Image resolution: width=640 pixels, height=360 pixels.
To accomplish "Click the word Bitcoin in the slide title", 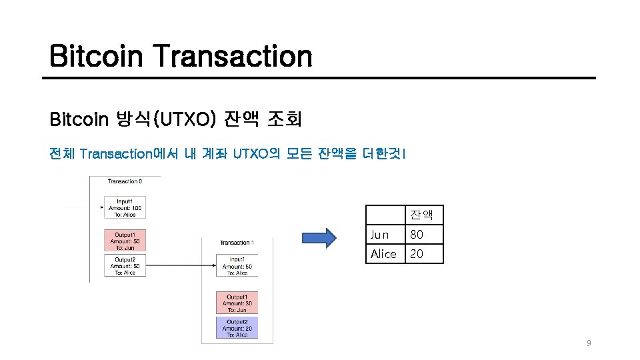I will point(97,56).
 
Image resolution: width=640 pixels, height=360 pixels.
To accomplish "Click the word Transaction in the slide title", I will point(233,56).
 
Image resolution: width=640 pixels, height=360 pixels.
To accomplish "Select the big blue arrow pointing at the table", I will point(320,238).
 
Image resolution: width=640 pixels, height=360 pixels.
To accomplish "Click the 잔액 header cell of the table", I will point(421,214).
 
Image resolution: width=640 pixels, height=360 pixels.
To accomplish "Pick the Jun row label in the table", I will point(379,235).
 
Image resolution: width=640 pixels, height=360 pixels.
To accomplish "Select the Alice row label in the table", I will point(383,254).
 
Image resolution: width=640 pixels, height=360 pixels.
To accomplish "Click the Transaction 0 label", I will point(125,181).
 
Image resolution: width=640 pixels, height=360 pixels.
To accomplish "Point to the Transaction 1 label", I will point(237,243).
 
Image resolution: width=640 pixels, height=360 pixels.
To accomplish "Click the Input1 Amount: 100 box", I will point(125,207).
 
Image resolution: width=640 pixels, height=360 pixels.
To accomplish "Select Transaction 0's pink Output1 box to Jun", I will point(125,241).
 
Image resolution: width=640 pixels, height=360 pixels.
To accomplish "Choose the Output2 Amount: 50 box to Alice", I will point(125,265).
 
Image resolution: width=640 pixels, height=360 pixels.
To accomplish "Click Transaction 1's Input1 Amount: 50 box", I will point(237,266).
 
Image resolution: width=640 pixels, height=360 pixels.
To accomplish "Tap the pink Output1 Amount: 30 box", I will point(237,303).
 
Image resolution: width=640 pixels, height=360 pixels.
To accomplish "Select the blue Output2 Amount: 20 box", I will point(237,328).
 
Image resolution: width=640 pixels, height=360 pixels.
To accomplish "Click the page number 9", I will point(588,343).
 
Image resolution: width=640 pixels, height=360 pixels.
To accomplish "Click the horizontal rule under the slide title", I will point(319,78).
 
